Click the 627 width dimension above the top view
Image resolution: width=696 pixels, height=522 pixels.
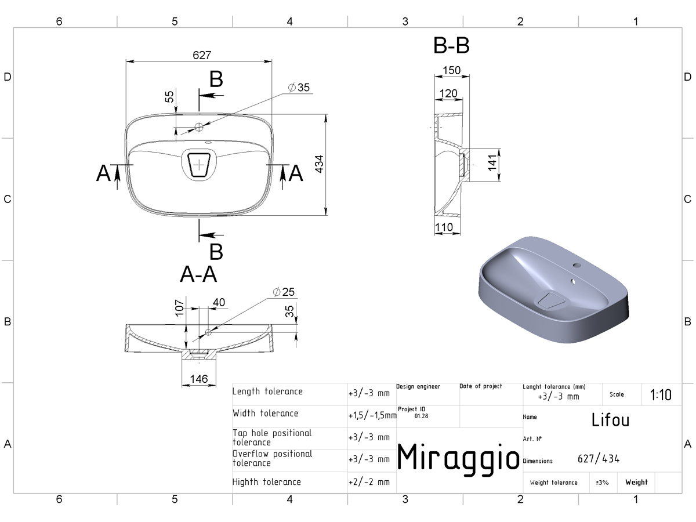[202, 55]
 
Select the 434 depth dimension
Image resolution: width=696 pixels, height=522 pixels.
[319, 164]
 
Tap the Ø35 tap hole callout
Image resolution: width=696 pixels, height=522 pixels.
[299, 87]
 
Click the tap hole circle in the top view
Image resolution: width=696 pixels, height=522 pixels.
[199, 127]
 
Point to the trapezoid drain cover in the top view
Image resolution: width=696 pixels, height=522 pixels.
[199, 165]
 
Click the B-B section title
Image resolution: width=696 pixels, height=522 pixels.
[451, 45]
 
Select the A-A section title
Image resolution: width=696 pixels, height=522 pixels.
[198, 274]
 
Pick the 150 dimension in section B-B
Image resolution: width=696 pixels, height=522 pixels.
[451, 70]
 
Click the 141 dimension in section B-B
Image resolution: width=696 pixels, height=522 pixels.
[492, 163]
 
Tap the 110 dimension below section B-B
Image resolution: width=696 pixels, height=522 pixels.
[444, 227]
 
